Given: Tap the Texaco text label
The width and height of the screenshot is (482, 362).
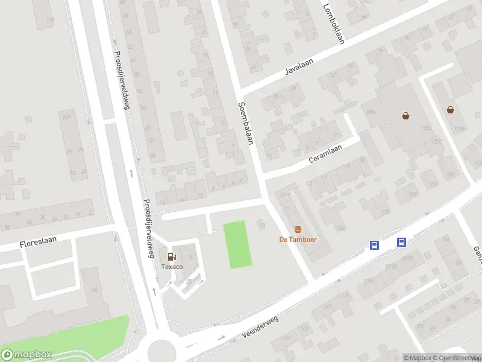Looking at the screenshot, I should click(x=172, y=266).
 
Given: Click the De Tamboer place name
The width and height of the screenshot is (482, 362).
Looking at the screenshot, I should click(x=298, y=239).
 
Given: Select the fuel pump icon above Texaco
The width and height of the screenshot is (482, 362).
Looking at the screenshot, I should click(x=172, y=256).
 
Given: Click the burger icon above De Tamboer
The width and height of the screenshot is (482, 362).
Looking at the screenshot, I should click(x=298, y=229).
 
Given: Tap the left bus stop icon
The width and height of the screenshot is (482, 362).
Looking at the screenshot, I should click(x=374, y=244).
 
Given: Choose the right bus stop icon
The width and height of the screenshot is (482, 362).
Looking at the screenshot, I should click(x=401, y=242).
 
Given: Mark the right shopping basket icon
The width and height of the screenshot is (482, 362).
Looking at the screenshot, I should click(x=450, y=110).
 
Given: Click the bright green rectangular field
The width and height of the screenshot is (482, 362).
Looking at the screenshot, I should click(x=237, y=244).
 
